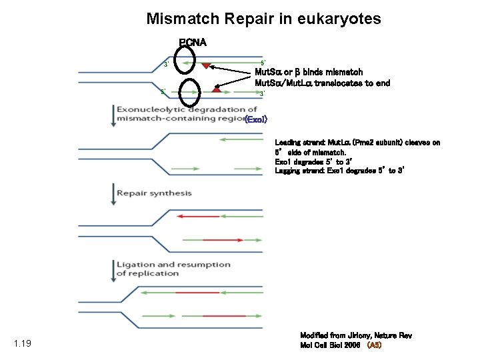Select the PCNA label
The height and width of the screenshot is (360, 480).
tap(193, 42)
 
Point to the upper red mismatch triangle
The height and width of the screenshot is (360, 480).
tap(206, 65)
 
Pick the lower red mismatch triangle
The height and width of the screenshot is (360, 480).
tap(216, 89)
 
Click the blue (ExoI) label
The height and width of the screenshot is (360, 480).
tap(256, 119)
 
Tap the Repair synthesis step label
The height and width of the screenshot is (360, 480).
tap(154, 193)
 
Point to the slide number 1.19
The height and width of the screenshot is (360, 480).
tap(22, 344)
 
